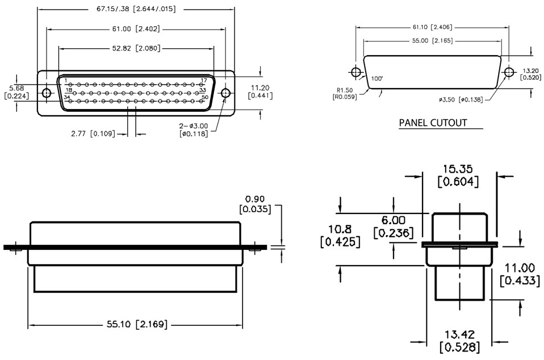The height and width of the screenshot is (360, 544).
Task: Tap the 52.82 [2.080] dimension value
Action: [136, 49]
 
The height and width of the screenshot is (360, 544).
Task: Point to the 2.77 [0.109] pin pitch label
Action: [93, 133]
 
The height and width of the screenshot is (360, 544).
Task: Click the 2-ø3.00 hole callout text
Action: [194, 129]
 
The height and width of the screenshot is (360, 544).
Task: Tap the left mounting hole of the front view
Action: [47, 93]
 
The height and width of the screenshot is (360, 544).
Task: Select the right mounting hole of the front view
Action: [225, 93]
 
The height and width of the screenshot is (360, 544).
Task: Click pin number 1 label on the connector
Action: [65, 81]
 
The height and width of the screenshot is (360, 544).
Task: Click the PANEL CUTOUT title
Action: [433, 123]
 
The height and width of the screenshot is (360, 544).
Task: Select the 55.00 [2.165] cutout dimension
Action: [432, 41]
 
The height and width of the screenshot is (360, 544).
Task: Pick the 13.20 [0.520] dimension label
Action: [531, 74]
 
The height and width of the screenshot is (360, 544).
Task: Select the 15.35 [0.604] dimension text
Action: [459, 175]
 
